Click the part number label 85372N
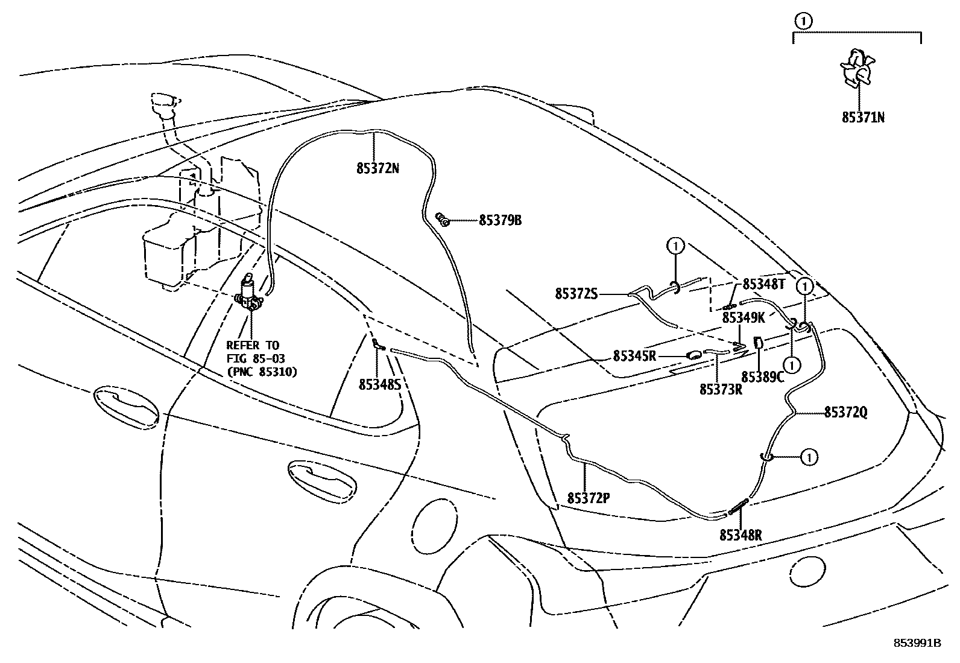[x=377, y=169]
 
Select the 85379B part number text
[x=500, y=221]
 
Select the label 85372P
[x=589, y=498]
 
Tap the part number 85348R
[x=741, y=535]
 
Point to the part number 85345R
[x=634, y=356]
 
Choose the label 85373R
[x=721, y=390]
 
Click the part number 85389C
[x=762, y=377]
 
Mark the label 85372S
[x=576, y=294]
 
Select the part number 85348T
[x=763, y=284]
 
